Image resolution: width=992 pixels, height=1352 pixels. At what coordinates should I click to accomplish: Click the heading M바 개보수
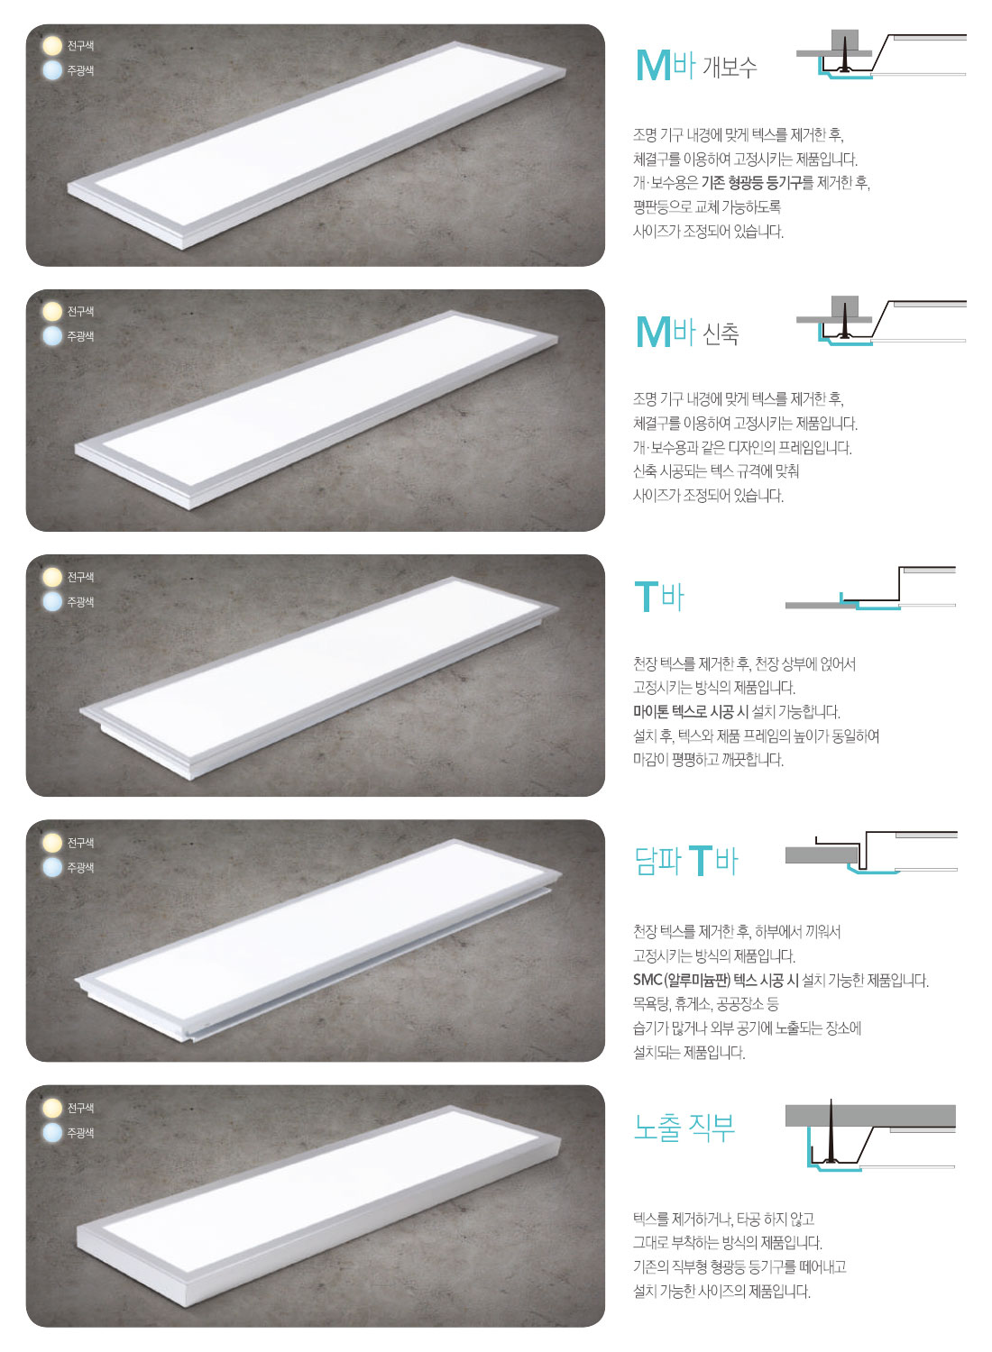[x=695, y=65]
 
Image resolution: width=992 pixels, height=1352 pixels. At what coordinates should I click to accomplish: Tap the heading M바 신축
[x=687, y=332]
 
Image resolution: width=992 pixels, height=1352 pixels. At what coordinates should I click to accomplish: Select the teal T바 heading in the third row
[x=658, y=596]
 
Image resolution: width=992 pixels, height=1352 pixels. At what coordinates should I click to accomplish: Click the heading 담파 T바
[x=686, y=861]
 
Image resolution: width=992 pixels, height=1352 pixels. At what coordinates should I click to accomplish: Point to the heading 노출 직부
[x=684, y=1127]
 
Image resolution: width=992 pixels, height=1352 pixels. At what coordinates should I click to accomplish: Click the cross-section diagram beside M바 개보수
[x=881, y=54]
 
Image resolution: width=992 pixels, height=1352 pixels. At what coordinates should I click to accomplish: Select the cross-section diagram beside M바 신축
[x=881, y=321]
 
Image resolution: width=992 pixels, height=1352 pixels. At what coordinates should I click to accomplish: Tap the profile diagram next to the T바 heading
[x=870, y=588]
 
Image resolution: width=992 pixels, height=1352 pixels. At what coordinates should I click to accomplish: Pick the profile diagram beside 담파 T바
[x=871, y=853]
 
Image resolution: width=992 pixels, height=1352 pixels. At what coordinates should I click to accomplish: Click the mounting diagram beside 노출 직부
[x=870, y=1135]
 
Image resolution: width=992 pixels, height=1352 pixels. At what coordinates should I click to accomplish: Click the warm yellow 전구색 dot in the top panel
[x=52, y=46]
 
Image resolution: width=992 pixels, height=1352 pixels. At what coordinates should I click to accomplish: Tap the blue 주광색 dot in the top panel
[x=52, y=70]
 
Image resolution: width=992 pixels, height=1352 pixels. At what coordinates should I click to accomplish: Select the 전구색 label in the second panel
[x=80, y=312]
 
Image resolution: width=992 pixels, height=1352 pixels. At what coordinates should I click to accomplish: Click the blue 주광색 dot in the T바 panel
[x=52, y=601]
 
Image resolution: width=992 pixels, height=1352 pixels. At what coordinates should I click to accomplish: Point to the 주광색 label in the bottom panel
[x=80, y=1133]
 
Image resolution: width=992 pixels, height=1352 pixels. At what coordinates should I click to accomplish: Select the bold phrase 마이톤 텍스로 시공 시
[x=689, y=712]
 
